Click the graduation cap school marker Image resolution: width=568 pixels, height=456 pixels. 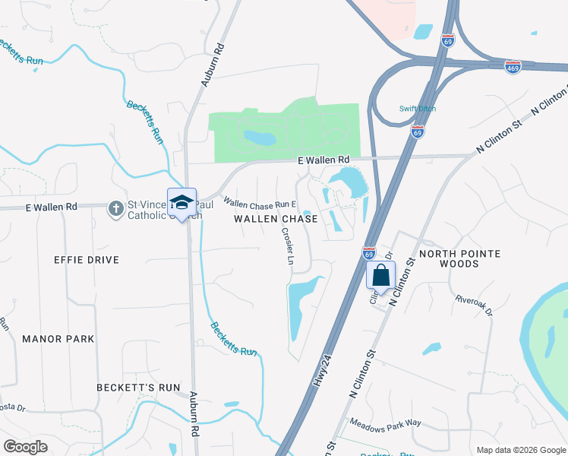(182, 201)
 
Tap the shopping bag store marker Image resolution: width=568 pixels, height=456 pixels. (380, 274)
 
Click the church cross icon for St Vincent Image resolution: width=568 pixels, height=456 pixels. (115, 208)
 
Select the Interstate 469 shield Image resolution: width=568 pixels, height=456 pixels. (513, 68)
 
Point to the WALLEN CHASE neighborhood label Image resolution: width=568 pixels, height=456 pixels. (276, 219)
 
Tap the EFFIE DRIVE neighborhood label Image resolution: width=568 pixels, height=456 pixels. (86, 260)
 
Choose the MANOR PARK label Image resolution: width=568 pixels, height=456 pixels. (58, 339)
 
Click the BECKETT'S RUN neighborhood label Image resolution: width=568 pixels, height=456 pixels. (138, 388)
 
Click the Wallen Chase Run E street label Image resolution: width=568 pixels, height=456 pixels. (258, 204)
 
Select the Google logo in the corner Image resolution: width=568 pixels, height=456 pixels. (25, 447)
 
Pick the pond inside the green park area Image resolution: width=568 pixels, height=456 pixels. (260, 138)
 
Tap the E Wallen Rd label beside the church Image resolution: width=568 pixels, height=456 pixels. (52, 207)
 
